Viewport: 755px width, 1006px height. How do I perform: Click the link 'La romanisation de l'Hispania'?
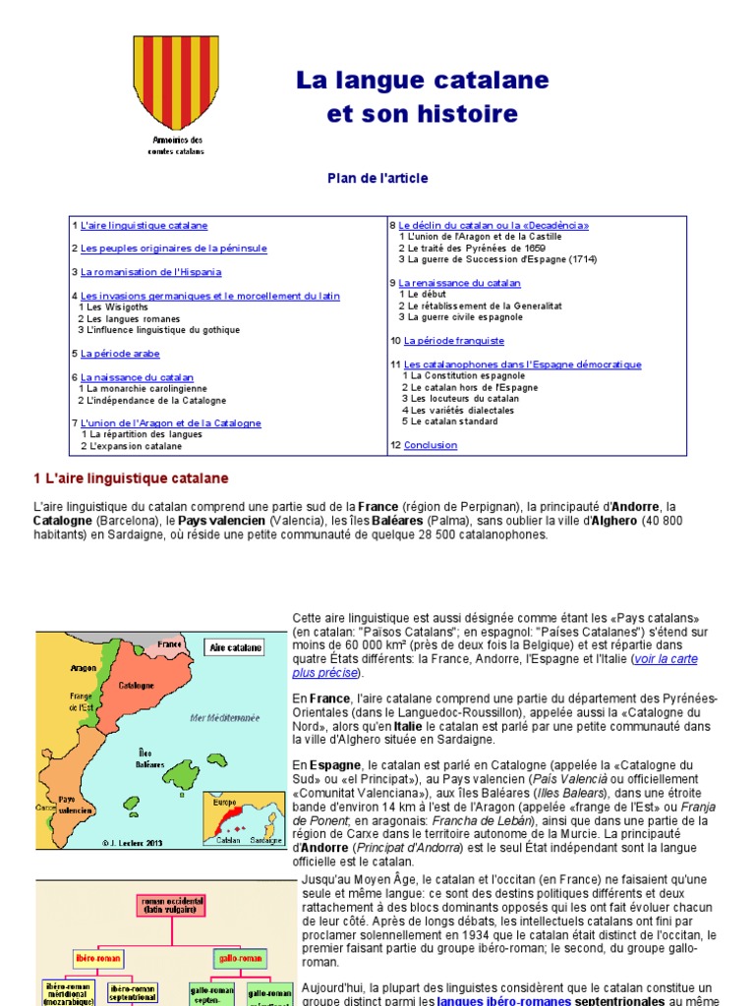pos(150,271)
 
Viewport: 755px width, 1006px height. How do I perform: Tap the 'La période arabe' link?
pos(120,354)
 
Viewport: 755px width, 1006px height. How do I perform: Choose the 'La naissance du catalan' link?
pos(137,377)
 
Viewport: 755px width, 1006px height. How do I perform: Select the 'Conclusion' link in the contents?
pos(430,445)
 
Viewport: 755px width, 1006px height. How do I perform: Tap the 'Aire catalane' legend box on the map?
pos(235,647)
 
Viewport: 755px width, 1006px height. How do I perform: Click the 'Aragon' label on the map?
pos(84,667)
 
